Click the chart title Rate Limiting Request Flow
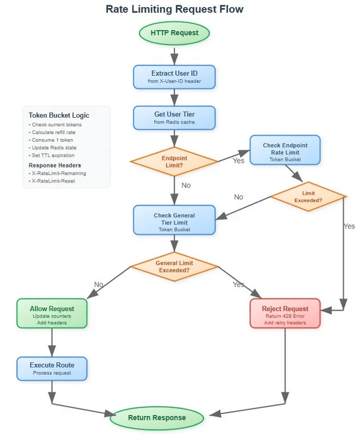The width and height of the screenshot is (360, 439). point(175,10)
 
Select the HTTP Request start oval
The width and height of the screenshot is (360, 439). point(174,32)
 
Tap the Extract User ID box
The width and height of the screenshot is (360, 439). point(174,76)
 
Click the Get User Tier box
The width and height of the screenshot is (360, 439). point(174,117)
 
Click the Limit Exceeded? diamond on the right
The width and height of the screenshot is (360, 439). point(308,196)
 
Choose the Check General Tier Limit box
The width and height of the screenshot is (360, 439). point(174,220)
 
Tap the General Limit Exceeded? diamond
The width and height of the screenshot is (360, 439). point(174,266)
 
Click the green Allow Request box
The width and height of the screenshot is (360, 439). point(52,313)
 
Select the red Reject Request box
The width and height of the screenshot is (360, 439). point(285,313)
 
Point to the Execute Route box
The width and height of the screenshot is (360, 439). point(52,368)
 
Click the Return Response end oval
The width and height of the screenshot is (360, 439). point(157,417)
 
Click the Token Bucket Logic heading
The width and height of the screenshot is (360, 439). point(59,115)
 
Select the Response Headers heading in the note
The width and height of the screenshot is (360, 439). point(55,165)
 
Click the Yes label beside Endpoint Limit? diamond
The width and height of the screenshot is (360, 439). point(238,161)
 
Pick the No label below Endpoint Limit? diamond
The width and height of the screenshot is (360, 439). point(186,185)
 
